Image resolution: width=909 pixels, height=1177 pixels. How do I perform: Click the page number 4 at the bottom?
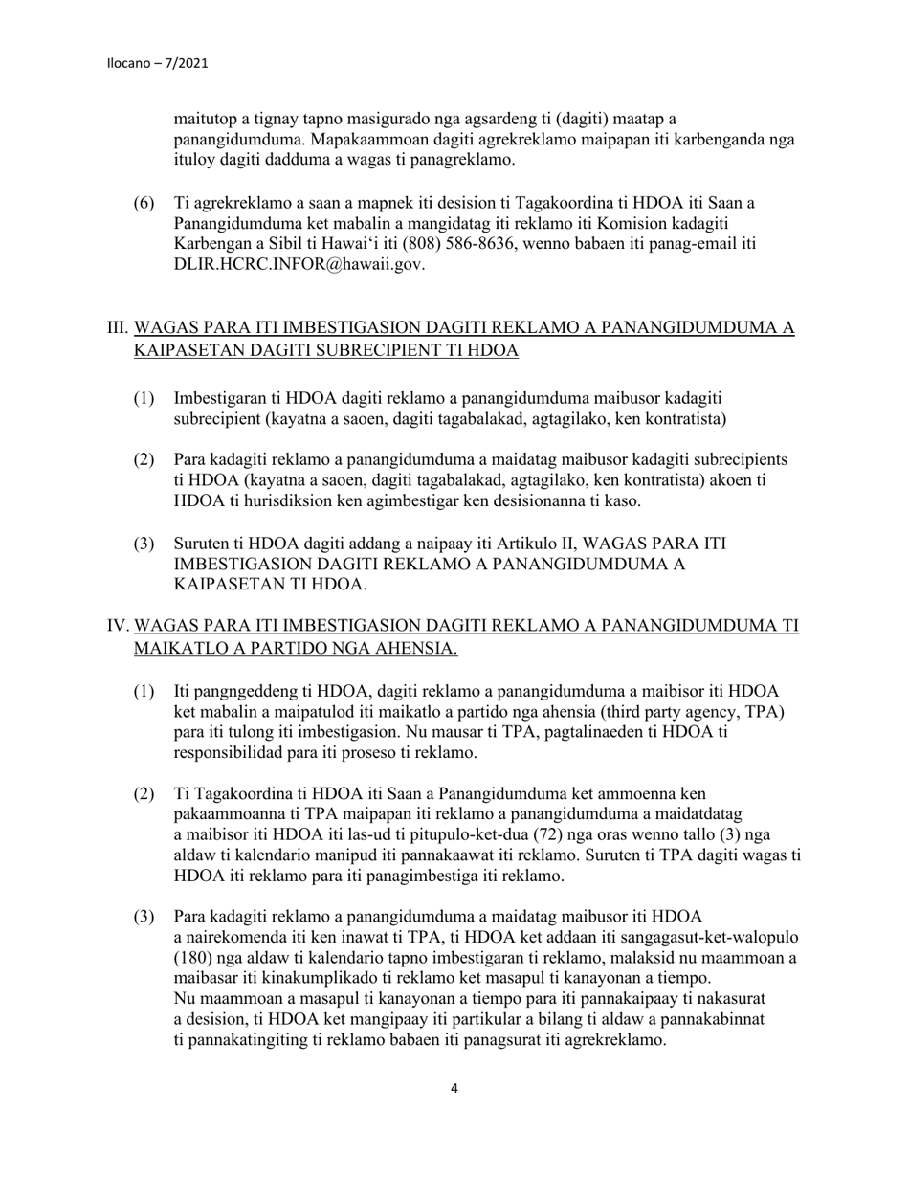[454, 1088]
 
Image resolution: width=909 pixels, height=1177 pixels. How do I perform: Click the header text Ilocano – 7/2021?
[158, 64]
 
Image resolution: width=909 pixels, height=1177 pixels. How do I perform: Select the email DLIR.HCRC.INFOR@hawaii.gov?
[299, 265]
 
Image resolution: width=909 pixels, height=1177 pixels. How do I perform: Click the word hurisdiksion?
[273, 500]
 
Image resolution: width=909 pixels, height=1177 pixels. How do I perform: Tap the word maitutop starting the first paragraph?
[204, 119]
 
